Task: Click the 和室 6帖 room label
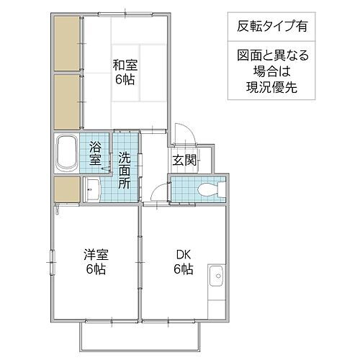(x=125, y=71)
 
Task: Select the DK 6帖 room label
(x=181, y=261)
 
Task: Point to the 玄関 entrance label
(x=181, y=160)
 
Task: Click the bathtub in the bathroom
(x=68, y=153)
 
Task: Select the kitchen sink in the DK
(x=217, y=276)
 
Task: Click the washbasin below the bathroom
(x=92, y=189)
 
